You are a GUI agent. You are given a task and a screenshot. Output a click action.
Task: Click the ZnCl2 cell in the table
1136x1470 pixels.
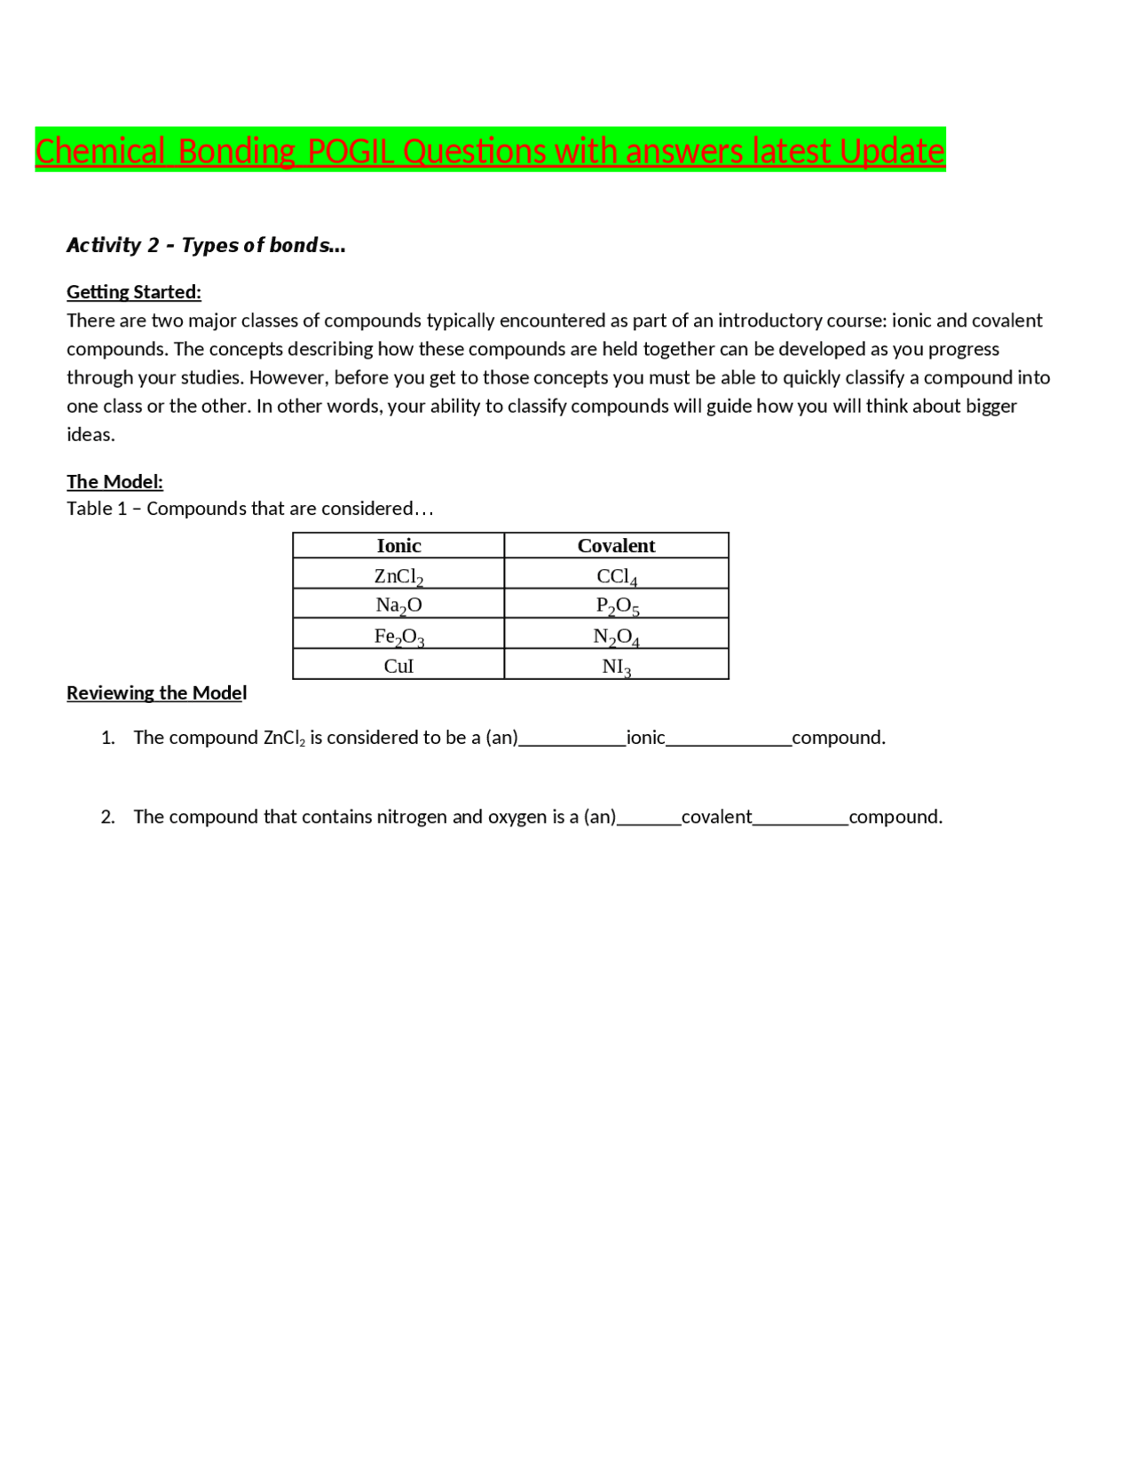coord(398,576)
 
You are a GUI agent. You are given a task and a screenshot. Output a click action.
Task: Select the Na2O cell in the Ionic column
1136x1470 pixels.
coord(398,605)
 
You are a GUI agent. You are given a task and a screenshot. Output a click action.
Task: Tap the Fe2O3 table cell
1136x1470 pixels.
coord(398,636)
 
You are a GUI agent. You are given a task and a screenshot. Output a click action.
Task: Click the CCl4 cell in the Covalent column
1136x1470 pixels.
coord(616,576)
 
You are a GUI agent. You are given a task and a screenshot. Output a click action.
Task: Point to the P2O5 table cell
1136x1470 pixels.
coord(616,605)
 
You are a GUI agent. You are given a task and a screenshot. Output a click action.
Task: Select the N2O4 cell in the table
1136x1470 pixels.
coord(616,636)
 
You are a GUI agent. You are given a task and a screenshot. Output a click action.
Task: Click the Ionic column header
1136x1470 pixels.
coord(398,546)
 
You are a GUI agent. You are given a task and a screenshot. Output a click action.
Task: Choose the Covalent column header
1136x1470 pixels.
coord(616,546)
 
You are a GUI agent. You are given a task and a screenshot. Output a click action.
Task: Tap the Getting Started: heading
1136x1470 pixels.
coord(134,292)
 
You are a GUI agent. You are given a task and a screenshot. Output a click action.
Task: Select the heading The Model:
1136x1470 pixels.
coord(114,482)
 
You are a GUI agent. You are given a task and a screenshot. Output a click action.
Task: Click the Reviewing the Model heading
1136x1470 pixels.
coord(156,693)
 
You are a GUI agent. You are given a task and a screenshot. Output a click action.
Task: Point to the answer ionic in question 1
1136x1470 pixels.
coord(645,738)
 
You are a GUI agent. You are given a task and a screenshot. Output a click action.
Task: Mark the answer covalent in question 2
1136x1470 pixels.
coord(716,817)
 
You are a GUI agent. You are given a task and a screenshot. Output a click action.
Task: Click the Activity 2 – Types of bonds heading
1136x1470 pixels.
coord(206,245)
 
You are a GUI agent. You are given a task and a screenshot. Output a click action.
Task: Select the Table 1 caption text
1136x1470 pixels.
coord(249,509)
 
